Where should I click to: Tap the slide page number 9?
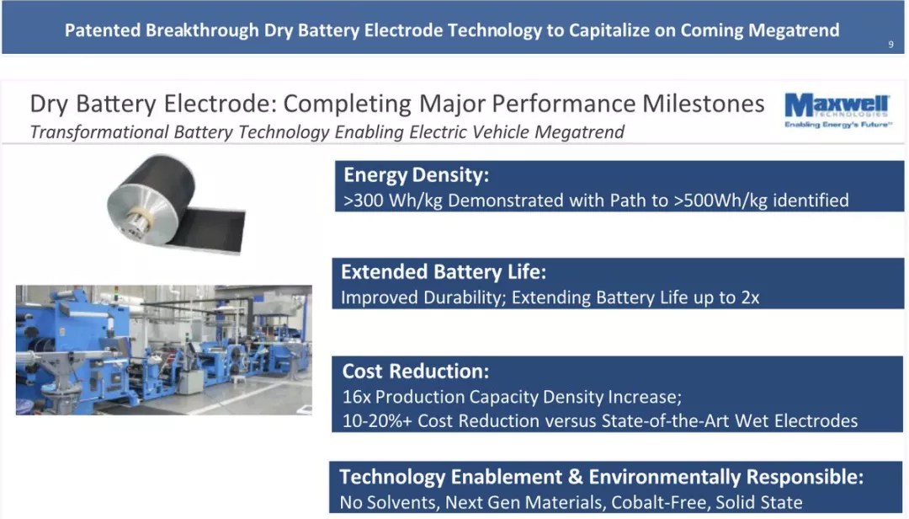[x=891, y=45]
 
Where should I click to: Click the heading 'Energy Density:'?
[x=417, y=174]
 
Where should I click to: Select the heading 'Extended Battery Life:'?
[x=444, y=271]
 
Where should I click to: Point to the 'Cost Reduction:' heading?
[x=416, y=371]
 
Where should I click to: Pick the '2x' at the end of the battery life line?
[x=750, y=297]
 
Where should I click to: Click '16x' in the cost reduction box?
[x=356, y=397]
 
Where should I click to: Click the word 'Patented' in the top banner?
[x=102, y=30]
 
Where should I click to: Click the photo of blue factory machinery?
[x=164, y=350]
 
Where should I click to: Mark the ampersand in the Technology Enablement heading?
[x=575, y=477]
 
